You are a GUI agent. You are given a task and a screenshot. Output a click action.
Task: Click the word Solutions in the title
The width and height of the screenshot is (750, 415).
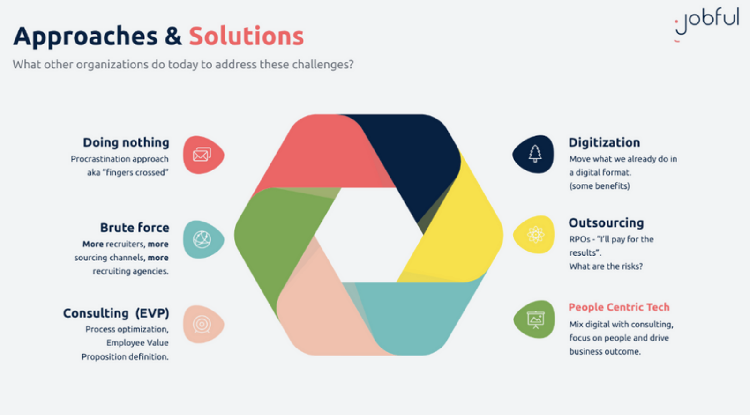pyautogui.click(x=246, y=36)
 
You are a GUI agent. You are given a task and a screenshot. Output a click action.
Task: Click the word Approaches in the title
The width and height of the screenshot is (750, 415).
pyautogui.click(x=85, y=37)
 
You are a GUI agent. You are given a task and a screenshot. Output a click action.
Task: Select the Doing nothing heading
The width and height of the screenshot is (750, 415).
pyautogui.click(x=126, y=143)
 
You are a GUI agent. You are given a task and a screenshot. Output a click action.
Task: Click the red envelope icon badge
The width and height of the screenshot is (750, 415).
pyautogui.click(x=203, y=155)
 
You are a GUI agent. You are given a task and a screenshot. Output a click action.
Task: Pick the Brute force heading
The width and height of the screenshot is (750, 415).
pyautogui.click(x=135, y=228)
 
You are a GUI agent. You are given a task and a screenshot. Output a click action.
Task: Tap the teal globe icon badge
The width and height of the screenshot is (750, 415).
pyautogui.click(x=203, y=239)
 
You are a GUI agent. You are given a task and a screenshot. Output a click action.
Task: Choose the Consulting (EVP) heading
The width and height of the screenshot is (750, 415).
pyautogui.click(x=116, y=314)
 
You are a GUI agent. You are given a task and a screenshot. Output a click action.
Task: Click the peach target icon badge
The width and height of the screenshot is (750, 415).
pyautogui.click(x=203, y=324)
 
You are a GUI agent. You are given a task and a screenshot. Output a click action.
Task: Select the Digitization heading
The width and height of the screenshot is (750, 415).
pyautogui.click(x=604, y=143)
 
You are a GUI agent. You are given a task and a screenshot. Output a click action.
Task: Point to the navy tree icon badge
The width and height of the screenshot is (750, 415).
pyautogui.click(x=533, y=154)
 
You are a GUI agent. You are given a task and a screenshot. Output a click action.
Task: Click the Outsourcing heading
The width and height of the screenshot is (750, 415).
pyautogui.click(x=607, y=223)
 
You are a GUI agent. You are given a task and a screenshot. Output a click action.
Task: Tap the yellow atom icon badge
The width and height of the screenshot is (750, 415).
pyautogui.click(x=534, y=234)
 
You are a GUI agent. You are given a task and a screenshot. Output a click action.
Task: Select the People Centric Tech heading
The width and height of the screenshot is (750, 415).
pyautogui.click(x=619, y=307)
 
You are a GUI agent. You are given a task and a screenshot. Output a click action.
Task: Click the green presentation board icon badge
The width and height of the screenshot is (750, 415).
pyautogui.click(x=534, y=319)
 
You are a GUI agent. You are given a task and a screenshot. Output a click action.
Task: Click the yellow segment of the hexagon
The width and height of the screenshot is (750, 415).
pyautogui.click(x=459, y=231)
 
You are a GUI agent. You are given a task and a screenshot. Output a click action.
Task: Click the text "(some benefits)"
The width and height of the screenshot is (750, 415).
pyautogui.click(x=600, y=186)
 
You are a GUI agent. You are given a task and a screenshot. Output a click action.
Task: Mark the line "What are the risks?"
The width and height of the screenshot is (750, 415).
pyautogui.click(x=606, y=267)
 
